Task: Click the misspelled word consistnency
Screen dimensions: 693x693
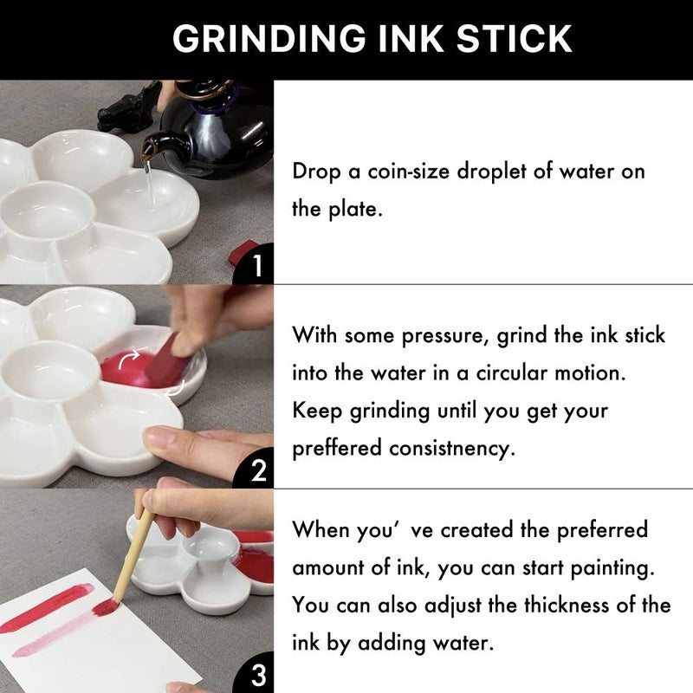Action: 457,449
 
